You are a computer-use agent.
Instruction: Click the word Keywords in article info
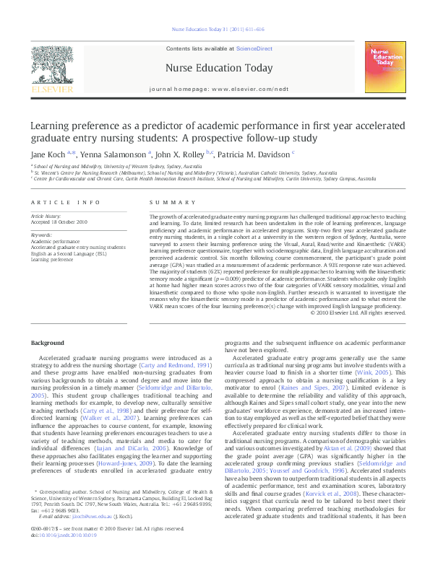(x=41, y=235)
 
